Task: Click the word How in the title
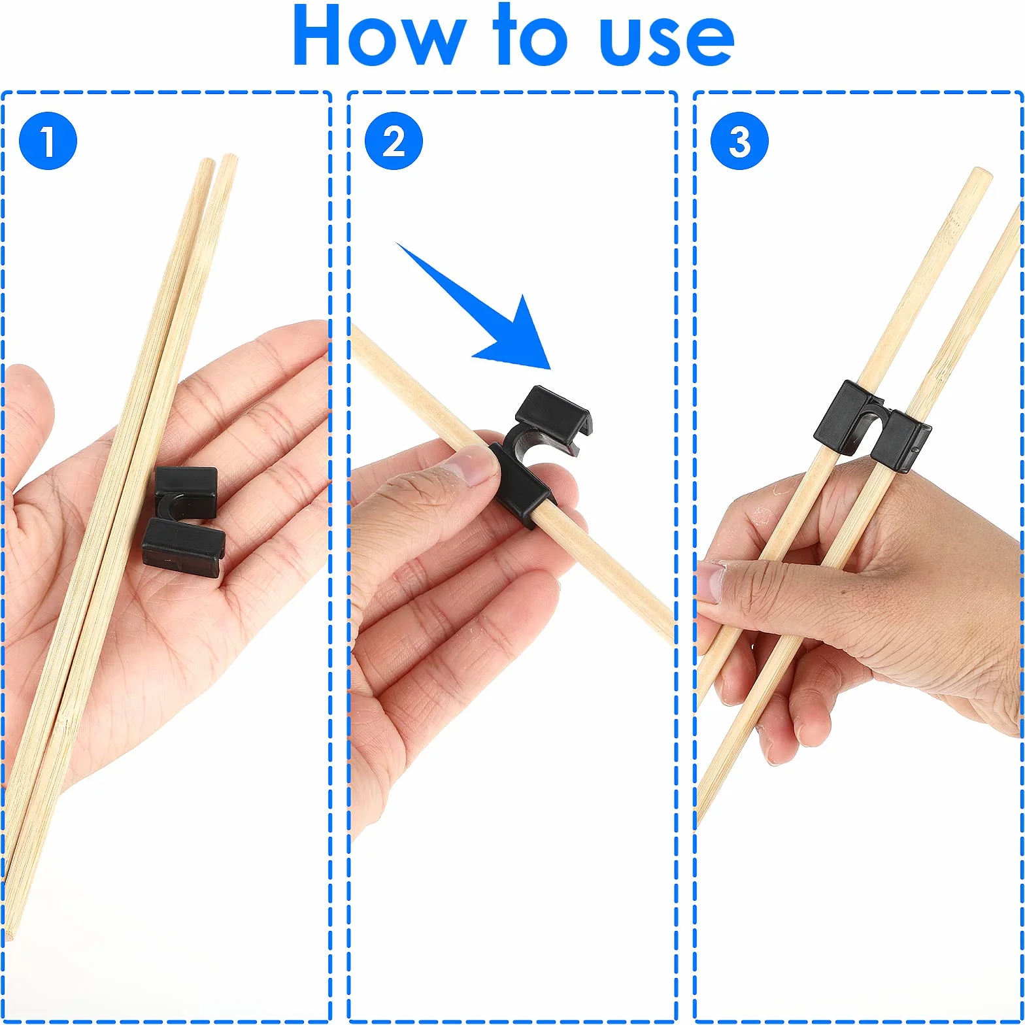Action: pos(379,36)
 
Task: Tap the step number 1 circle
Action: pos(48,141)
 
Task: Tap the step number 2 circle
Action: pos(394,141)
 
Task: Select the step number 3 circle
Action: pos(739,141)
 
